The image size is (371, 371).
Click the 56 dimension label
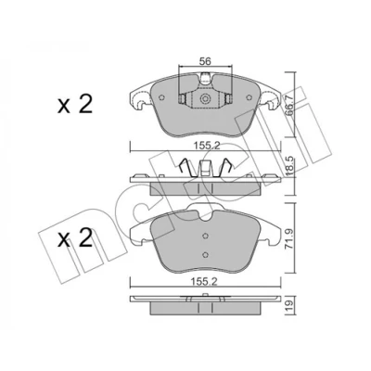click(x=205, y=61)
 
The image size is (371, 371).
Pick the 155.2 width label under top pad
click(x=205, y=146)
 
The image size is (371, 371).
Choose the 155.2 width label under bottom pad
click(x=205, y=282)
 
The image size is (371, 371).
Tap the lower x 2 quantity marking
click(x=75, y=237)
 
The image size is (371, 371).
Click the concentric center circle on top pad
click(x=205, y=99)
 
